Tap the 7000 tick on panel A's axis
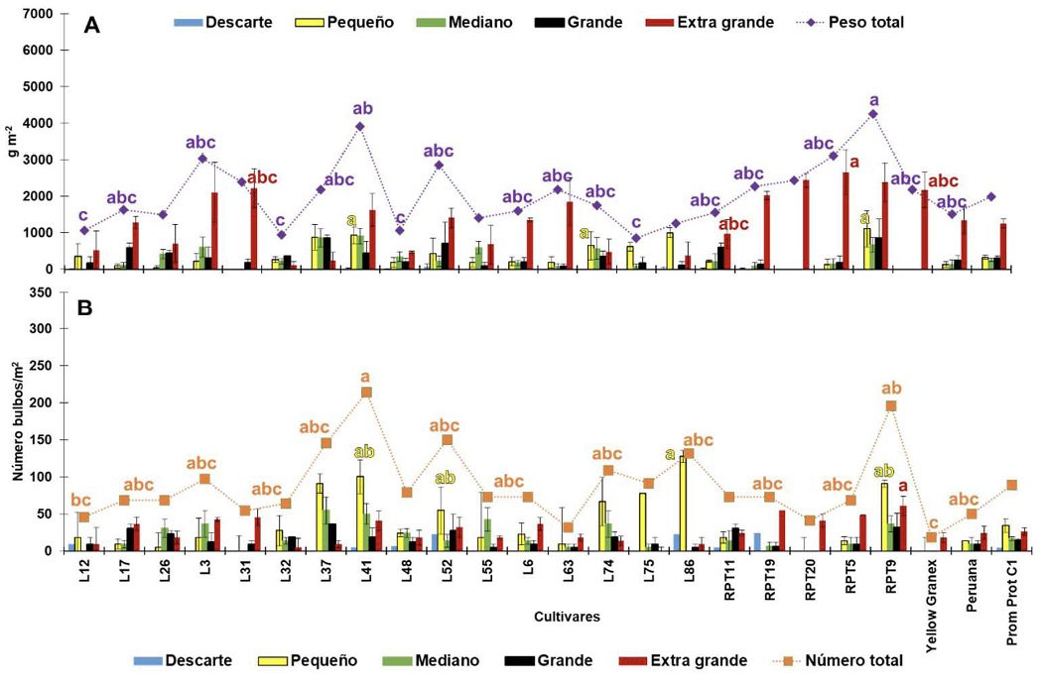click(x=38, y=13)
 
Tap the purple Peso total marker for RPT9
click(x=873, y=114)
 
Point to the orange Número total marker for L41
click(x=366, y=393)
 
